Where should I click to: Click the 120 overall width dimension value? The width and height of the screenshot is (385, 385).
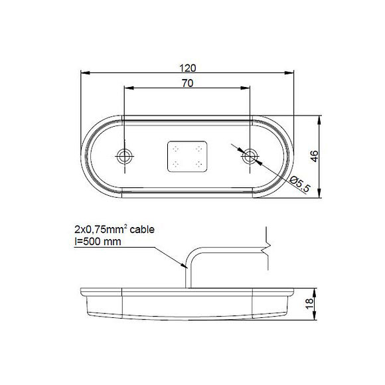pos(187,68)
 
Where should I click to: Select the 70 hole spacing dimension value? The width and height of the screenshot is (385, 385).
pos(187,84)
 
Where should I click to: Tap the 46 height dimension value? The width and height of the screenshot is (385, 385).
pos(315,156)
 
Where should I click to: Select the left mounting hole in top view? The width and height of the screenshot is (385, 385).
pos(125,156)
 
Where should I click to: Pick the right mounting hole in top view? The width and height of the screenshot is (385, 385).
pos(250,156)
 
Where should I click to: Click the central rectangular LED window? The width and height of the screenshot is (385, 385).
pos(187,157)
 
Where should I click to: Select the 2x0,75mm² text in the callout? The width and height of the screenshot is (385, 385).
pos(100,230)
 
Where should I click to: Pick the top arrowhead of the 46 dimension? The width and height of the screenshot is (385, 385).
pos(320,121)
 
